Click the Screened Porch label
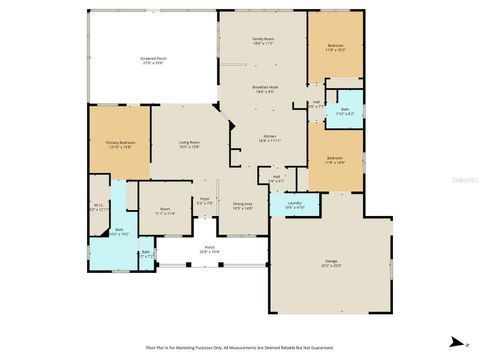click(153, 60)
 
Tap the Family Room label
click(262, 41)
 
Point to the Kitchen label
click(270, 139)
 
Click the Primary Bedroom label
click(120, 144)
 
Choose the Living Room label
click(189, 144)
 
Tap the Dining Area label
click(243, 206)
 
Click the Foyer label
click(203, 200)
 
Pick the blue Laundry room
click(295, 205)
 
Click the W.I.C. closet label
click(98, 208)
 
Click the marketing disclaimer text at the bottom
click(239, 347)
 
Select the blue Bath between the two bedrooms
click(345, 112)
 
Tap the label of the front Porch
click(210, 249)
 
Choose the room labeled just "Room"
click(165, 212)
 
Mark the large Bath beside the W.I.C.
click(119, 232)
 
